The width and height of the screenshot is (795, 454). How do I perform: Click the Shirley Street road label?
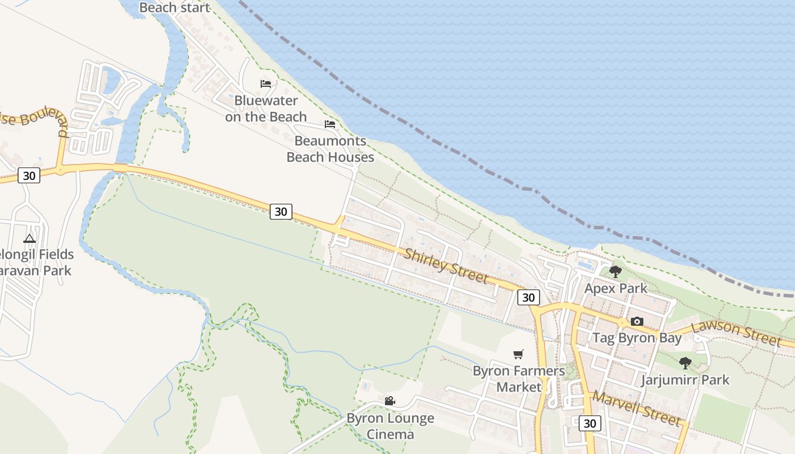446,264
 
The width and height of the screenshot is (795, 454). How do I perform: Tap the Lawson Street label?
736,333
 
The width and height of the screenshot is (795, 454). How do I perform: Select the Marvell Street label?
636,408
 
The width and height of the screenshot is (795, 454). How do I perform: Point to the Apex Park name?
616,288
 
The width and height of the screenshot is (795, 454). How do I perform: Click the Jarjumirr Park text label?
685,379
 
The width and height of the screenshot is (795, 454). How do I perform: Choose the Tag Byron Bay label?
637,338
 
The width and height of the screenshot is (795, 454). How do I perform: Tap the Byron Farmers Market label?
519,379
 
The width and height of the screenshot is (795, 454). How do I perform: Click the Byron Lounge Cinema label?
390,426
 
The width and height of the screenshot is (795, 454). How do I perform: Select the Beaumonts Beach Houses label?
330,149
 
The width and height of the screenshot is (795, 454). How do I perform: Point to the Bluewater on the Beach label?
266,108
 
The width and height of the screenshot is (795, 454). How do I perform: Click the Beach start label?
174,7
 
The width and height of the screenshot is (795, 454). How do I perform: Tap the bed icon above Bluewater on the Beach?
266,84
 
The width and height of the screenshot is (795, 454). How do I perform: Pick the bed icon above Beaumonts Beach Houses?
330,124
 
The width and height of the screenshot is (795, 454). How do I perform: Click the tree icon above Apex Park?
615,272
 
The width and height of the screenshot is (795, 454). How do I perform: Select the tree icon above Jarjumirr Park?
685,363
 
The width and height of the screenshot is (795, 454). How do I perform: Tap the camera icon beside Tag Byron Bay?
637,322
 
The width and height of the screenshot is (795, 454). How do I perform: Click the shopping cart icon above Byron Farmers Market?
518,355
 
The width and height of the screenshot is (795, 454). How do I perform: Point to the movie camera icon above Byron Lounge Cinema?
390,401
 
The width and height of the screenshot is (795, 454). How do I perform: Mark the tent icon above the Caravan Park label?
30,238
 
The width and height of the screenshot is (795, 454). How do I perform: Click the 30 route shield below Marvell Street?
590,423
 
